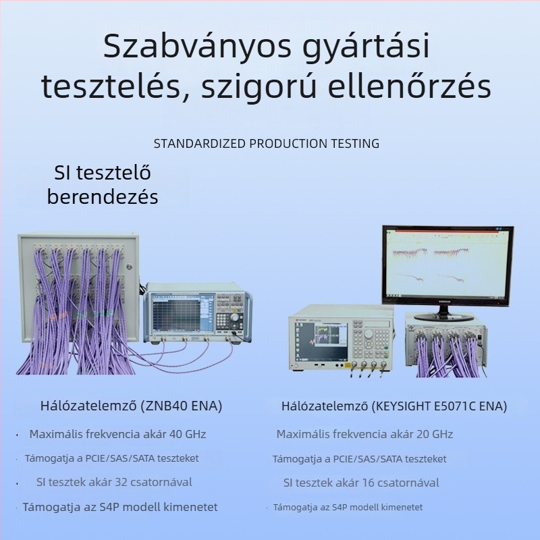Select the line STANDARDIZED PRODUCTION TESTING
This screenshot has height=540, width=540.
pos(267,144)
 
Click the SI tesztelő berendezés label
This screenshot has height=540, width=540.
pos(102,185)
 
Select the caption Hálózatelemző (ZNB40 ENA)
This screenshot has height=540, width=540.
pos(131,406)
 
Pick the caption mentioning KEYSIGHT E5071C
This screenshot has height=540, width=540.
pos(394,406)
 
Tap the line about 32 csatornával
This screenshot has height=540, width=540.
pos(114,482)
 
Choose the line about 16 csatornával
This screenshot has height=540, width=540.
pos(361,483)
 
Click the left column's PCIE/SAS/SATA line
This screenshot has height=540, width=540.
pos(112,458)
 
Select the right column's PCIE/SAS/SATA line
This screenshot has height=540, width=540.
pos(360,459)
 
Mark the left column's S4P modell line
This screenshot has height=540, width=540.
pos(120,507)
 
